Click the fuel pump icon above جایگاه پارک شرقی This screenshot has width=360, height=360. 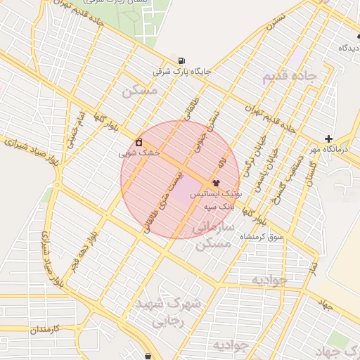183,60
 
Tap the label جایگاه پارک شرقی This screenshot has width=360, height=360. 183,72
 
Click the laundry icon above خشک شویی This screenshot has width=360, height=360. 139,141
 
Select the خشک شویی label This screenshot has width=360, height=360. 139,152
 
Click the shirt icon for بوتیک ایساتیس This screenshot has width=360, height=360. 215,182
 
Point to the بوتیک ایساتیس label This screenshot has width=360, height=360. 219,193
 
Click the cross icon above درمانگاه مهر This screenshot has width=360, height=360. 328,139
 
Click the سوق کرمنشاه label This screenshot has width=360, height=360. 262,237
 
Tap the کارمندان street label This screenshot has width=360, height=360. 47,329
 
